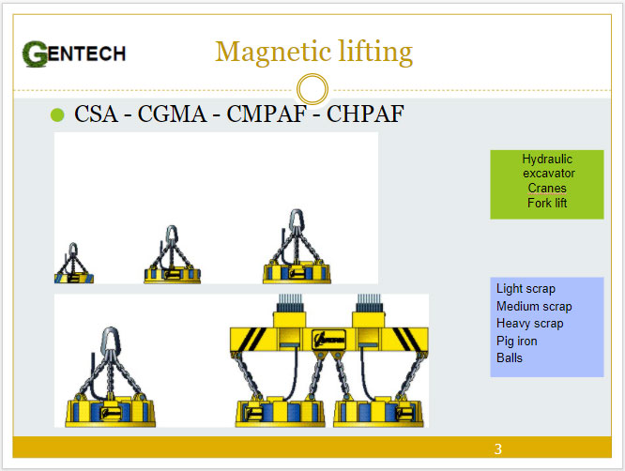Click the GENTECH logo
74,53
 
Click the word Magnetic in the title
273,53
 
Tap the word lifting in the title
375,53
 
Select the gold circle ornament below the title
312,89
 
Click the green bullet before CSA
57,114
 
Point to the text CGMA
172,114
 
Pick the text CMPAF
267,114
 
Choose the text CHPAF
365,114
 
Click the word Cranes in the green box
547,188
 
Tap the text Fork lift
547,203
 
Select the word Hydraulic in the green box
547,159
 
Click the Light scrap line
526,288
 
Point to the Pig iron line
516,341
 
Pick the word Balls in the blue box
509,357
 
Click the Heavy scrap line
529,323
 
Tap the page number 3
498,449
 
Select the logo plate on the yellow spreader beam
328,340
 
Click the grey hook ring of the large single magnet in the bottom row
110,340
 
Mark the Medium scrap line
534,306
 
